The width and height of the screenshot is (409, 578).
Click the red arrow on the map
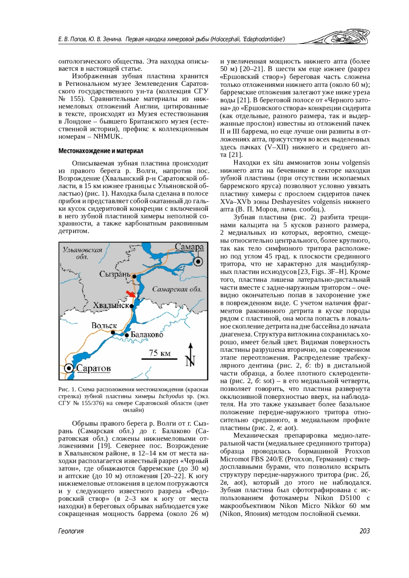[x=131, y=294]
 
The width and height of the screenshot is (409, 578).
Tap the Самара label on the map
[x=189, y=247]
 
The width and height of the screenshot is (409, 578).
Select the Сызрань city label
[x=115, y=274]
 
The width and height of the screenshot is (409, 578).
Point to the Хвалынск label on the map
[x=111, y=305]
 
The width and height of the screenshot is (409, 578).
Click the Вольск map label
[x=104, y=326]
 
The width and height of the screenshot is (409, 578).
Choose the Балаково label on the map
[x=147, y=335]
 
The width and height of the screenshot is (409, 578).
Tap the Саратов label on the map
[x=93, y=368]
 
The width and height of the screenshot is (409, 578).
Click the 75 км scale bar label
[x=160, y=353]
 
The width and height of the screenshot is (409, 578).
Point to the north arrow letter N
[x=190, y=361]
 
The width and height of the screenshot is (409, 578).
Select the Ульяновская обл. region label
[x=82, y=253]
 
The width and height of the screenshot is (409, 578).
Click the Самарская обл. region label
[x=177, y=289]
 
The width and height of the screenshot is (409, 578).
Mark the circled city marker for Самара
[x=198, y=262]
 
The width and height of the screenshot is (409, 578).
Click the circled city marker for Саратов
[x=69, y=368]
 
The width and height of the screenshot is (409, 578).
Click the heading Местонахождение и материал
[x=101, y=151]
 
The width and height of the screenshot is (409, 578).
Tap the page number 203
[x=364, y=531]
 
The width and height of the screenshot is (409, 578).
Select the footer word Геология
[x=71, y=531]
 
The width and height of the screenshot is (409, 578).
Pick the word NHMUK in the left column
[x=107, y=137]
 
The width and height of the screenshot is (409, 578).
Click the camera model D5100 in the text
[x=350, y=498]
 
